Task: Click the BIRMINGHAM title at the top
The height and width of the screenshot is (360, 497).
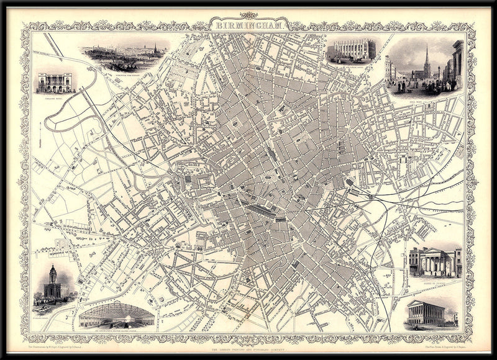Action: click(248, 26)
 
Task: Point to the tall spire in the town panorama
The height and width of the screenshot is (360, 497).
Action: click(155, 48)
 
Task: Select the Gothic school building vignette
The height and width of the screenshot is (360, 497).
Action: click(352, 50)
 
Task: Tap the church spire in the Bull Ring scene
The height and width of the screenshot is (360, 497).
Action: click(426, 59)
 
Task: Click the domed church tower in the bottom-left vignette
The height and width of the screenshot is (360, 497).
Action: click(53, 276)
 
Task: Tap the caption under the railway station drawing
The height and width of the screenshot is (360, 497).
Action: click(116, 330)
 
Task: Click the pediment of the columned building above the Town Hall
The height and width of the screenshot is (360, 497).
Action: click(432, 254)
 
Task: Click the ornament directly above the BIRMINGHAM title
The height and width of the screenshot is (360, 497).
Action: click(248, 16)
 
